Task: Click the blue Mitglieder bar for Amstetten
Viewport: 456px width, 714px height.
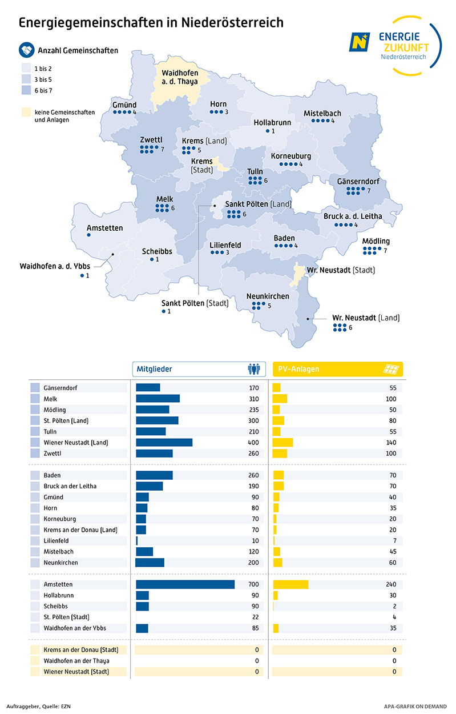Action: (x=185, y=584)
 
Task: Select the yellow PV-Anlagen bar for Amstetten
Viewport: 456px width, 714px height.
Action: (x=290, y=584)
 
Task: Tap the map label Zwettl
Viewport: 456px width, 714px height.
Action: (x=151, y=139)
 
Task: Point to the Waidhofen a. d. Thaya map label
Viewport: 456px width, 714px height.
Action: (x=179, y=77)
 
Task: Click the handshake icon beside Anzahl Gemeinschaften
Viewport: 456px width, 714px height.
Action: (x=26, y=50)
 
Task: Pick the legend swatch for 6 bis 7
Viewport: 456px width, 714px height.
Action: (x=25, y=90)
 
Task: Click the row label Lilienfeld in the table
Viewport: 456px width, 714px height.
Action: (x=58, y=540)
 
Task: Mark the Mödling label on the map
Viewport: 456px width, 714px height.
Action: (x=376, y=241)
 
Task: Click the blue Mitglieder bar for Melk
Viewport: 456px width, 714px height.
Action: (x=158, y=399)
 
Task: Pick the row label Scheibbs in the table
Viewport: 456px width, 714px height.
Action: (x=56, y=606)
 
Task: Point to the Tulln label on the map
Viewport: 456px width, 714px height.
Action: (x=255, y=171)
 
